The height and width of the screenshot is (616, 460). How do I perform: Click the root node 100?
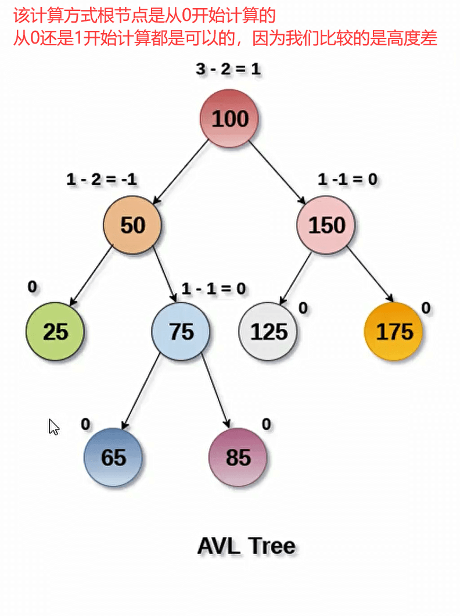230,119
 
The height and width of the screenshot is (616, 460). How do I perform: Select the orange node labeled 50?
132,225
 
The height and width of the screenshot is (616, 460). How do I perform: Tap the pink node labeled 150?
326,225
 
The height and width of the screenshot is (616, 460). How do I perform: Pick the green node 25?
55,331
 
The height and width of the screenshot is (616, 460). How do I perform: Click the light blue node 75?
181,331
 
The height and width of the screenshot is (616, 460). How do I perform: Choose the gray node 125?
268,331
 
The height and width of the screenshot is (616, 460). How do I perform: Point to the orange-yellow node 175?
394,331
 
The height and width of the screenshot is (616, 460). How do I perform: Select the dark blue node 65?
113,457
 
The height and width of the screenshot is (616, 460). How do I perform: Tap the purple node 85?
238,457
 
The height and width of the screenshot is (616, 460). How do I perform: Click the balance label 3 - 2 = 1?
228,69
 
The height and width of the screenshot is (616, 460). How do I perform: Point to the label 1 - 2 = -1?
102,180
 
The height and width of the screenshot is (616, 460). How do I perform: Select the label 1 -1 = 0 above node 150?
347,180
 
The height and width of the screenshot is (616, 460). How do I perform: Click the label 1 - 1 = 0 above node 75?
213,288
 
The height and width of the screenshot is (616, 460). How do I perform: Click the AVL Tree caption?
246,546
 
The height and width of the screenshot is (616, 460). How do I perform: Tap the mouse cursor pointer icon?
53,427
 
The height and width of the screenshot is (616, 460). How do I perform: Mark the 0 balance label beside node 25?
32,286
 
